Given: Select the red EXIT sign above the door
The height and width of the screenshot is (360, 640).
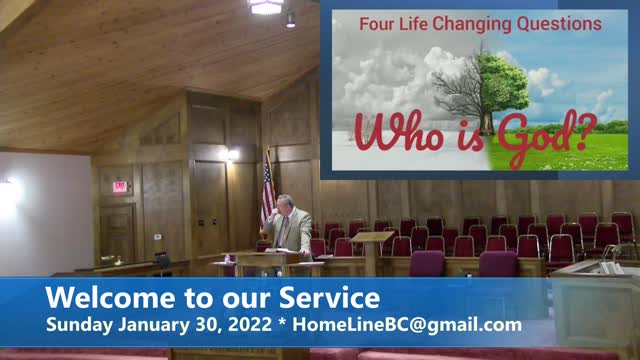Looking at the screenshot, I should pyautogui.click(x=120, y=186).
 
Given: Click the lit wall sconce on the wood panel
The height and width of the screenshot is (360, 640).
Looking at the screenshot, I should pyautogui.click(x=232, y=155).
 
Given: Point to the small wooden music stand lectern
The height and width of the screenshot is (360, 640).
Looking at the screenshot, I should pyautogui.click(x=371, y=245).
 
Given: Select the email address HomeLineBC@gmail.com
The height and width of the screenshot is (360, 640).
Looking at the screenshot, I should pyautogui.click(x=425, y=324).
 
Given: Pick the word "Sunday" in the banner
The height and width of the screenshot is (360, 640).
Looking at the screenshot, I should pyautogui.click(x=78, y=324).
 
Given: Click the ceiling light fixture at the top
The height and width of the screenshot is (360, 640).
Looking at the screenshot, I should pyautogui.click(x=266, y=6).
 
